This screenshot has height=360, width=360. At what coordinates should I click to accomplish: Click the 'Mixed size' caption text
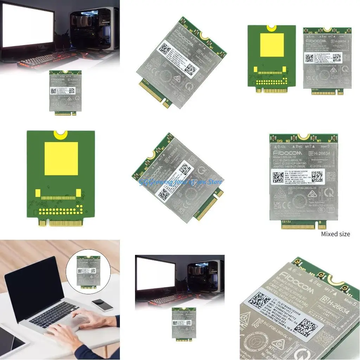point(335,234)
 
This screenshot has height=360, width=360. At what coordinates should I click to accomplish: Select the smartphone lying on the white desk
point(102,305)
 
